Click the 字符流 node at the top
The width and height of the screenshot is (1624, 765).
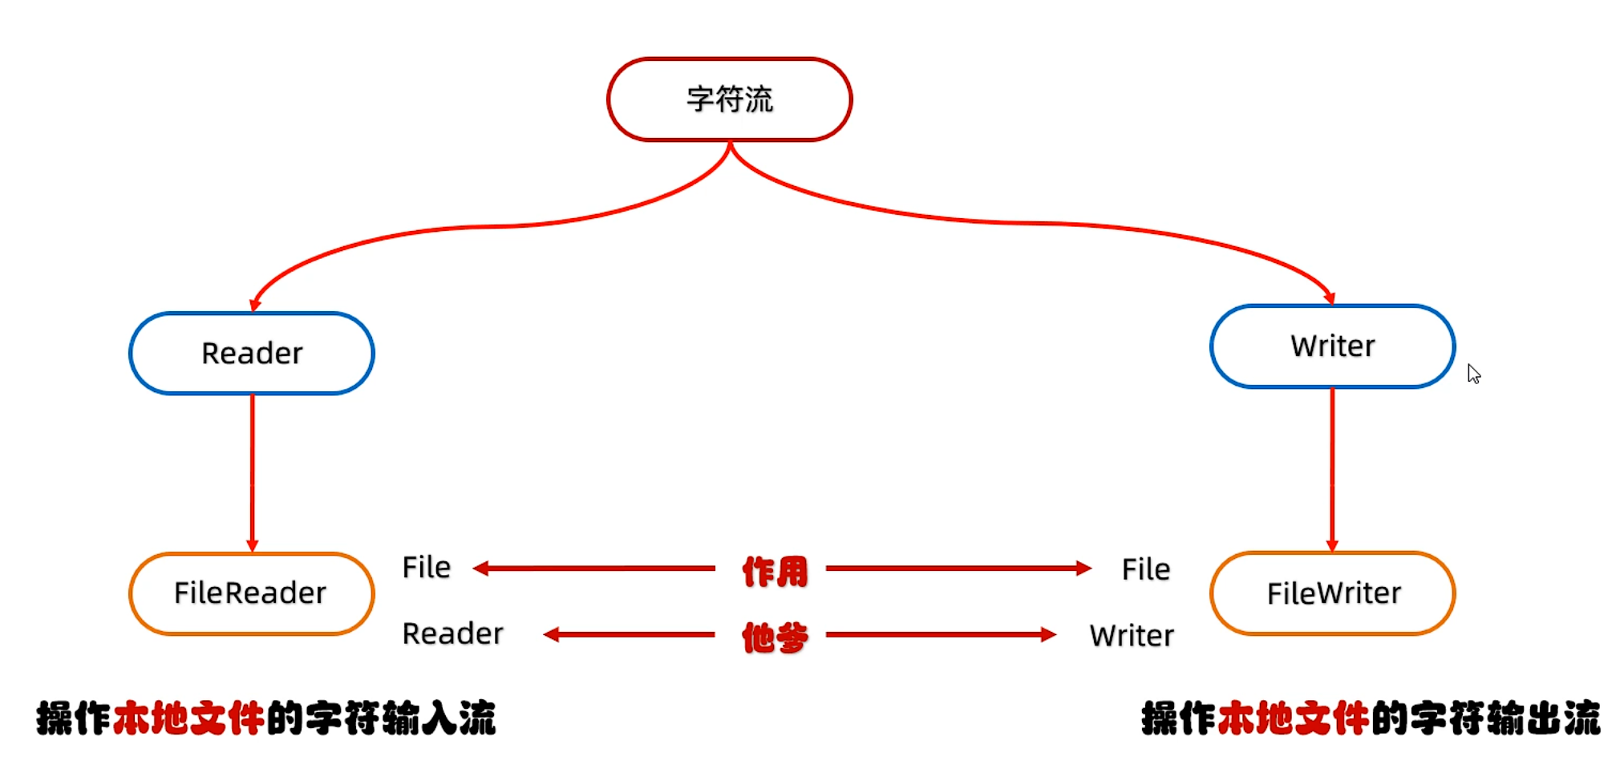[729, 99]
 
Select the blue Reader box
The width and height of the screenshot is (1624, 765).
[252, 353]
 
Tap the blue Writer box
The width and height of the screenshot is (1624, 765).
[1332, 346]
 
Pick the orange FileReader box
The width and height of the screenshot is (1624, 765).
[251, 593]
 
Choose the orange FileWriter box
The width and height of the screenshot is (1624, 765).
[1332, 593]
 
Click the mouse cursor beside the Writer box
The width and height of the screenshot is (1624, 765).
[1473, 374]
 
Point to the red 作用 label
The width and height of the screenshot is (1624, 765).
[774, 572]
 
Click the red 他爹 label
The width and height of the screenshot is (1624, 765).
[774, 637]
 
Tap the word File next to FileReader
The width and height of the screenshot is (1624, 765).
[426, 568]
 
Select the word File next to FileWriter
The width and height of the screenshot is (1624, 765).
[1145, 569]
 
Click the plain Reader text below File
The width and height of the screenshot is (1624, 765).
[452, 633]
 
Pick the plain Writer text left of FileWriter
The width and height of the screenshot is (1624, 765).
[1131, 636]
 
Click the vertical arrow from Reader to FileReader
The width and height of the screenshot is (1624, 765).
[252, 473]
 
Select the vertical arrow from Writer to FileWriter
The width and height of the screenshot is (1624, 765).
[1332, 469]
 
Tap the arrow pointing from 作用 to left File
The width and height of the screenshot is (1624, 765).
[593, 569]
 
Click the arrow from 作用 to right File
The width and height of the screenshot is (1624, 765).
[958, 569]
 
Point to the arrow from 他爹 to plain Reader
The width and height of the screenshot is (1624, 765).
[630, 635]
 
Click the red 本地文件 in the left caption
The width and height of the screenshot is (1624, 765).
[188, 718]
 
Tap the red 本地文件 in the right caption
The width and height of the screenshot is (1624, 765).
[1293, 718]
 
